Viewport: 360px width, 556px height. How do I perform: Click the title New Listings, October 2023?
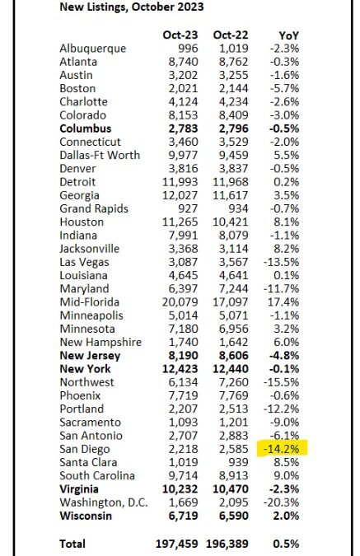tap(132, 7)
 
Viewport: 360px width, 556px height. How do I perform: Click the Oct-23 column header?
tap(180, 35)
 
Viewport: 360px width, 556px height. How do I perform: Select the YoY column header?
tap(288, 35)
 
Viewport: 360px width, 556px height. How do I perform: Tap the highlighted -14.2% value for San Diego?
tap(282, 449)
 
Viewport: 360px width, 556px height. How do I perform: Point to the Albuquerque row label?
tap(93, 49)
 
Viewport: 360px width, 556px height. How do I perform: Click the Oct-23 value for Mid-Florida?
tap(180, 302)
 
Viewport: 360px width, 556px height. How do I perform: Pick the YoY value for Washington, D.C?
tap(282, 502)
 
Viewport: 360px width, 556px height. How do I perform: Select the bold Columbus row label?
tap(86, 128)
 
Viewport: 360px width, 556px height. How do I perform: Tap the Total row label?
tap(72, 544)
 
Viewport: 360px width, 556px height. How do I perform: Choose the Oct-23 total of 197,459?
tap(176, 544)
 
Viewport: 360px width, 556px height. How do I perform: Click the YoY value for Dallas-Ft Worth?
tap(287, 155)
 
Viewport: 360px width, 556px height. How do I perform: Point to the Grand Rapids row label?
tap(94, 208)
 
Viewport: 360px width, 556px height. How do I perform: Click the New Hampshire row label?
tap(101, 342)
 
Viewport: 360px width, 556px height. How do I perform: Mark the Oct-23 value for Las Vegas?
tap(183, 262)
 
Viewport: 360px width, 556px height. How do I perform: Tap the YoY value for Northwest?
tap(282, 382)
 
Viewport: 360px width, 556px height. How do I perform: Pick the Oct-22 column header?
tap(231, 35)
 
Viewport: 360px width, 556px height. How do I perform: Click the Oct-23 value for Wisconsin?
tap(183, 516)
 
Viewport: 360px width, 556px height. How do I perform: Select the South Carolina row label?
tap(97, 475)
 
